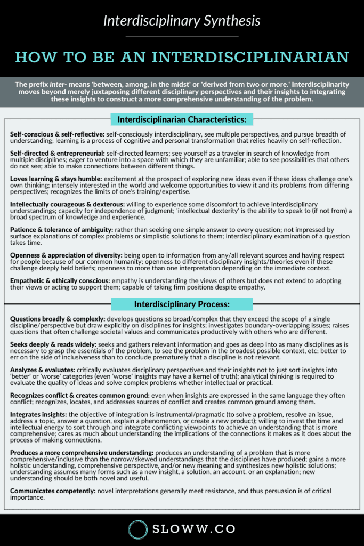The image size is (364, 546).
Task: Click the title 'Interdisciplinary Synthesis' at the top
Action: point(182,21)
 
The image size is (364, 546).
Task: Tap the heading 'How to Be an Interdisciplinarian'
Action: point(182,57)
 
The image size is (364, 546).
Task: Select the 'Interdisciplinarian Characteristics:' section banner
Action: point(182,119)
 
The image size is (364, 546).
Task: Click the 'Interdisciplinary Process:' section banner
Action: point(182,304)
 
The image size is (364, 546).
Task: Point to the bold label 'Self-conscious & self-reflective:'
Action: point(57,133)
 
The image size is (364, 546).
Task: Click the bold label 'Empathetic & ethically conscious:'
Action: point(60,281)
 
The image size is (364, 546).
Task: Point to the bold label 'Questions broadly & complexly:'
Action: point(58,318)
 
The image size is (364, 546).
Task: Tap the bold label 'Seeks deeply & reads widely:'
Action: point(52,344)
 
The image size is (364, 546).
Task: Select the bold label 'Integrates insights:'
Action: point(38,414)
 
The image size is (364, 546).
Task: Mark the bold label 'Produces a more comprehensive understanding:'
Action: point(81,453)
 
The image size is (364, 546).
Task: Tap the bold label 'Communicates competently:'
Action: point(51,491)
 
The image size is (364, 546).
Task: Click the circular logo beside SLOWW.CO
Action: point(138,529)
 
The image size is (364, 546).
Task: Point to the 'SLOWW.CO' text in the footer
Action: point(194,530)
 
